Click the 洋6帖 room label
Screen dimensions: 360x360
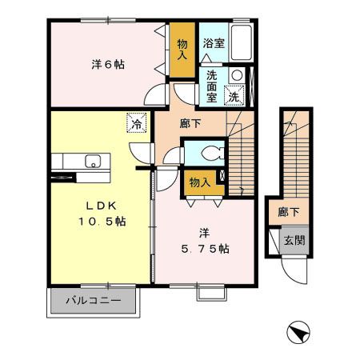click(106, 63)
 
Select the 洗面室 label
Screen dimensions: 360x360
click(213, 83)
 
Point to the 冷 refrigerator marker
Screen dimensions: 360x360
click(137, 124)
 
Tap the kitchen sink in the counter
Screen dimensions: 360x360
click(92, 161)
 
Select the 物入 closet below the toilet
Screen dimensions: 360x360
click(199, 183)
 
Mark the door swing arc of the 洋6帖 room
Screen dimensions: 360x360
click(153, 94)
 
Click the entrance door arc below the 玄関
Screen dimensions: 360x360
click(297, 273)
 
